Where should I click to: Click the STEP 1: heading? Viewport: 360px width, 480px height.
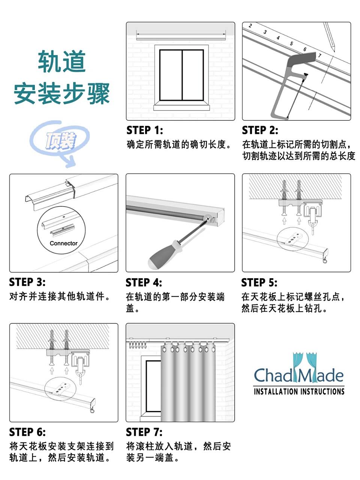pos(144,130)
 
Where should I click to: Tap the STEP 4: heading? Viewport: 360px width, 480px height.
pos(144,282)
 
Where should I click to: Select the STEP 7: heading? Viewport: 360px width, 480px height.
pos(144,432)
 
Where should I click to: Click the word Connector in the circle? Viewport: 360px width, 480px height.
pos(64,243)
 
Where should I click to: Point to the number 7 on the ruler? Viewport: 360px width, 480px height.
pos(319,55)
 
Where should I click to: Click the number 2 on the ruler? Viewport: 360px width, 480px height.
pos(250,26)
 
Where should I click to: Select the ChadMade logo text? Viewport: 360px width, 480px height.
pos(298,375)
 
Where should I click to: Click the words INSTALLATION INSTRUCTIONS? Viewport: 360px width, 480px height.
pos(299,391)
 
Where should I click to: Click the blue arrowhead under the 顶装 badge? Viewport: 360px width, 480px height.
pos(70,162)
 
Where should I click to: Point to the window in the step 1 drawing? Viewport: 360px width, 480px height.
pos(181,75)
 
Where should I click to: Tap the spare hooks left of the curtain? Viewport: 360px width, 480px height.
pos(138,346)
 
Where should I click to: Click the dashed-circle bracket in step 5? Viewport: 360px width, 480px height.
pos(292,239)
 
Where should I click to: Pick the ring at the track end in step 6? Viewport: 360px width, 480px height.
pos(92,411)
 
